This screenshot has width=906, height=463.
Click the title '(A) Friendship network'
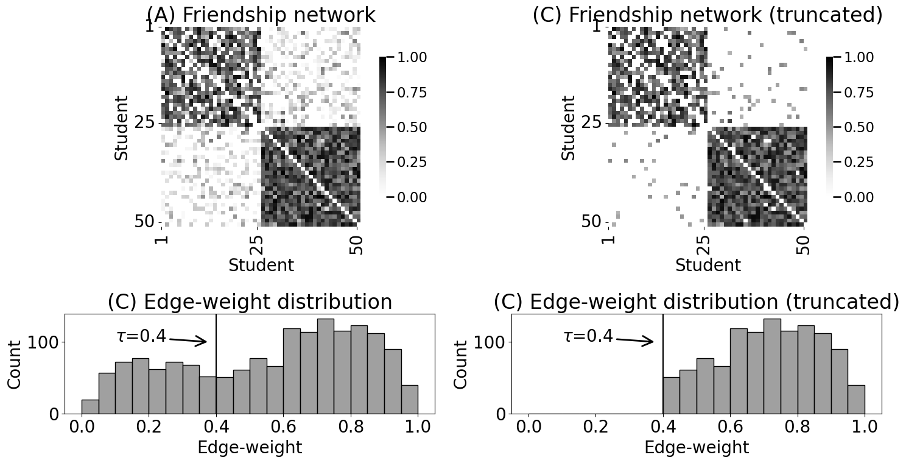click(261, 15)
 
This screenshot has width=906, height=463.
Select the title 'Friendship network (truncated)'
click(707, 15)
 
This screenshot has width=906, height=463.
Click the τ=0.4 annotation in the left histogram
click(141, 336)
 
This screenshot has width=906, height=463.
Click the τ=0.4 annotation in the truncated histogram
click(588, 336)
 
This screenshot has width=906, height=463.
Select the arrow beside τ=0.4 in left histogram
click(188, 341)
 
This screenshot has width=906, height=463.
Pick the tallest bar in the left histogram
click(325, 366)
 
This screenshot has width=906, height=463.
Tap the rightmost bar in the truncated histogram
click(856, 403)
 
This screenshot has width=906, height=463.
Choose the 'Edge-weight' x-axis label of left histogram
click(250, 448)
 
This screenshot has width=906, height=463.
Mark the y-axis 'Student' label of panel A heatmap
click(121, 127)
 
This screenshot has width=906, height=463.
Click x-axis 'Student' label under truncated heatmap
click(708, 266)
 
